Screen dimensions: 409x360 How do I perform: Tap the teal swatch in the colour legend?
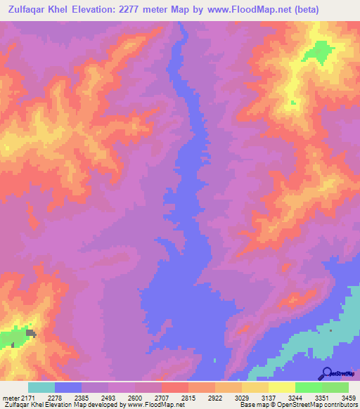pyautogui.click(x=41, y=387)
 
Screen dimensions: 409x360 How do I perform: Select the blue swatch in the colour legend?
pyautogui.click(x=68, y=387)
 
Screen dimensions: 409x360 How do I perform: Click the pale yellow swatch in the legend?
pyautogui.click(x=282, y=387)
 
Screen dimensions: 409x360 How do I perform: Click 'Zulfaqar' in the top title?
pyautogui.click(x=34, y=10)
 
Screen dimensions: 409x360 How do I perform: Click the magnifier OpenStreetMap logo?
pyautogui.click(x=326, y=373)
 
